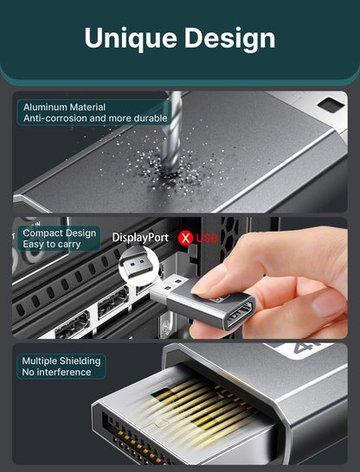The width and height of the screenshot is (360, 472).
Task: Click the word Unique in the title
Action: coord(131,39)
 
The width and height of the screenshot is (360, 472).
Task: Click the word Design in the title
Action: coord(229,39)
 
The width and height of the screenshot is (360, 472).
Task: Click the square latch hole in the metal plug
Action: coord(331,105)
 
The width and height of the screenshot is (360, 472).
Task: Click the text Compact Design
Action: coord(60,233)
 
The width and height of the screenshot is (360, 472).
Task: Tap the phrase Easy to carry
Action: coord(52,244)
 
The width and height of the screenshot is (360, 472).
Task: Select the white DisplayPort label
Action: coord(140,238)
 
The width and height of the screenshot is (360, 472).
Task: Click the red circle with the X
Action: coord(185,238)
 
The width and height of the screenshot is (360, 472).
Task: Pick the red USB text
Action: coord(207,238)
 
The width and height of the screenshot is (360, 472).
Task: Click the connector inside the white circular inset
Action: coord(137,265)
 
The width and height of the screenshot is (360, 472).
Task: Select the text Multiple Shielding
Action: coord(61,361)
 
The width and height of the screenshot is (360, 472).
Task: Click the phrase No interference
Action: coord(56,372)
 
